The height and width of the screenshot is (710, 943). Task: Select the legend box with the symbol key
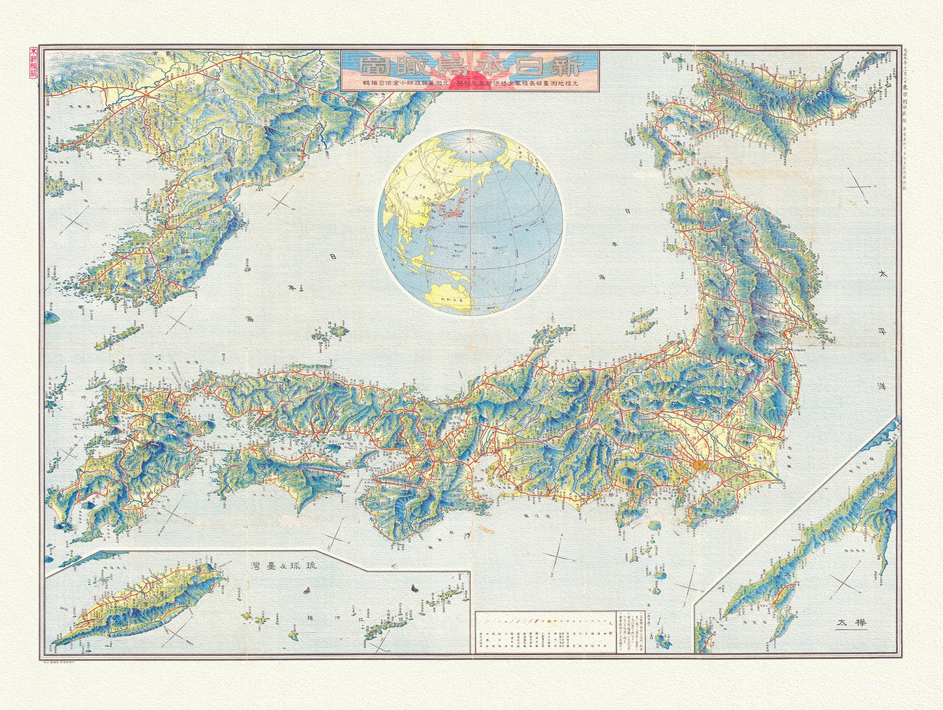[x=545, y=632]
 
